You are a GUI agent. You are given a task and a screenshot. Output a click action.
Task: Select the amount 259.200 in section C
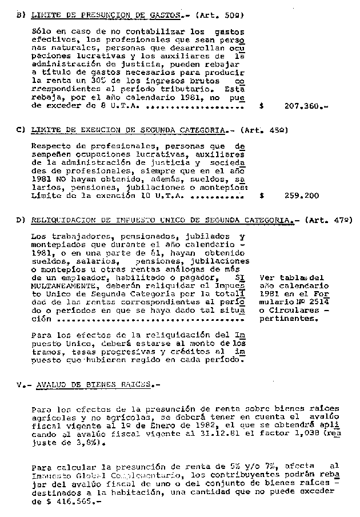302,195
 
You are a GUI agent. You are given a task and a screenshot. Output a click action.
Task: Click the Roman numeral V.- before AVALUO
22,384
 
